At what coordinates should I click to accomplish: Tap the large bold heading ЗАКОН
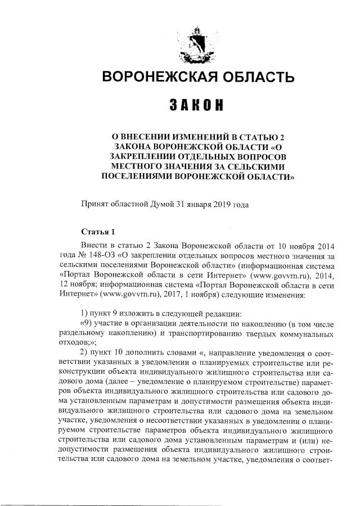click(196, 105)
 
